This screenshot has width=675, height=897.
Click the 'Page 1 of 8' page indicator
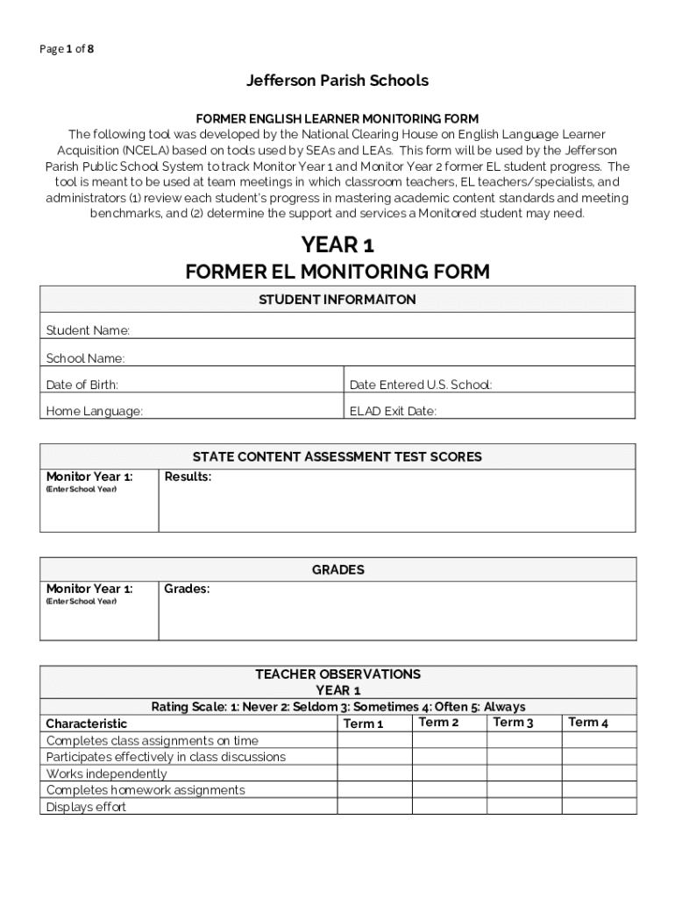click(x=67, y=49)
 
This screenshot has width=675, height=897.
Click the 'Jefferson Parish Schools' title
click(x=337, y=81)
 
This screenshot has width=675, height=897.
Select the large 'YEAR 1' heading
click(x=337, y=245)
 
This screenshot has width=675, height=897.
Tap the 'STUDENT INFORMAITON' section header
click(x=337, y=300)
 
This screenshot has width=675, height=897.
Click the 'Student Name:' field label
click(x=88, y=330)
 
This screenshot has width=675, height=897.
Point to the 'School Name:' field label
click(x=85, y=358)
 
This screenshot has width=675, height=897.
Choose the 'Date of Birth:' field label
click(x=82, y=385)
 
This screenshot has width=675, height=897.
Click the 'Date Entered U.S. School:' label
click(x=421, y=385)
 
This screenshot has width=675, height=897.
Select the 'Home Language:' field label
click(x=94, y=411)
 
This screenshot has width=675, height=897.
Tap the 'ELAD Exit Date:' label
click(x=393, y=411)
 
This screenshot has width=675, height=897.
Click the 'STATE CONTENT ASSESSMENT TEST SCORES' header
click(x=337, y=456)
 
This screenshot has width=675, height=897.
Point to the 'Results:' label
click(x=188, y=477)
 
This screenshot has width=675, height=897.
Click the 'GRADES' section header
click(x=337, y=569)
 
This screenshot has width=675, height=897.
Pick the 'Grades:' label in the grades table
click(x=187, y=589)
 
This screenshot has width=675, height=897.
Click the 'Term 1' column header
click(x=363, y=724)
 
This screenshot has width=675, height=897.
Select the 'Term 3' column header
click(x=513, y=723)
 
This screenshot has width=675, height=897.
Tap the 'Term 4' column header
click(x=588, y=723)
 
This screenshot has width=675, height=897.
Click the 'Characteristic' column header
click(x=86, y=724)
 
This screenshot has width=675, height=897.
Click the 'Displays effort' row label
click(x=86, y=807)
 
